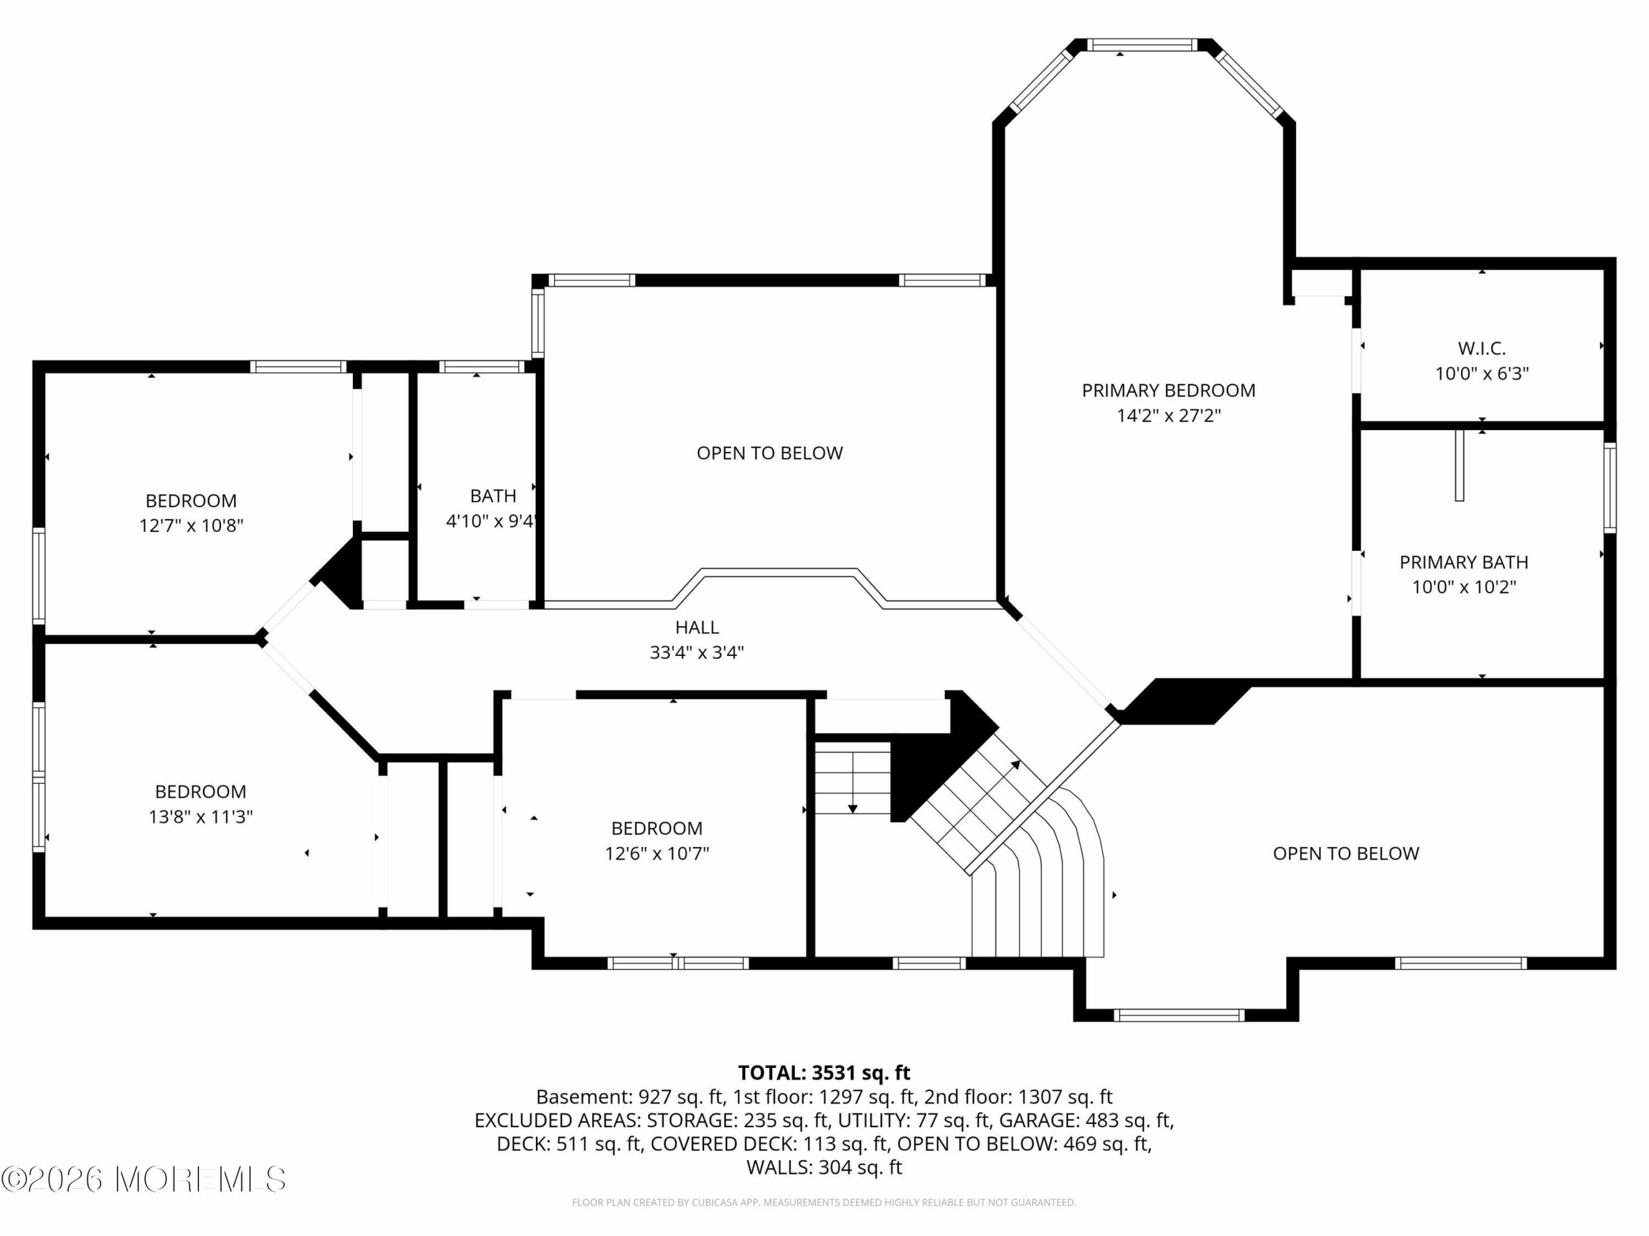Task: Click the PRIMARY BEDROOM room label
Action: click(1168, 390)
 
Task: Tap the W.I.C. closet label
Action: click(1482, 348)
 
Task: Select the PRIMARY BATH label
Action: click(1464, 562)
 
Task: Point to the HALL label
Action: click(697, 627)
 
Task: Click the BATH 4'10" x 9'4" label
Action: click(492, 508)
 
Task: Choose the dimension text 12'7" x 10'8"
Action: click(191, 525)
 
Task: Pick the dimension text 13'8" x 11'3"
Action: click(200, 816)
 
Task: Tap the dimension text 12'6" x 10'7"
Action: click(657, 853)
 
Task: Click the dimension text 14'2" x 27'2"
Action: click(1168, 415)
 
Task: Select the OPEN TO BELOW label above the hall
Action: click(769, 453)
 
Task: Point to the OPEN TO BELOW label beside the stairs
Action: click(1346, 853)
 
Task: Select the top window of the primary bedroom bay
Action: click(1141, 44)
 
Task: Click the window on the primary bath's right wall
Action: click(1610, 487)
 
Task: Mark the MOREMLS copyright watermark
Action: click(143, 1179)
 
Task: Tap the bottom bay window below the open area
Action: click(1179, 1015)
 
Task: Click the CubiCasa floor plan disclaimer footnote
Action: click(824, 1202)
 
